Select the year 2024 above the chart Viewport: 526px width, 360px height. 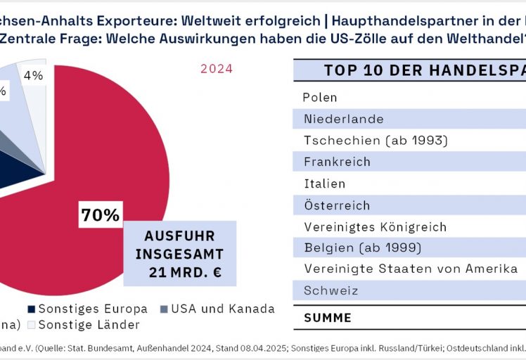[x=216, y=69]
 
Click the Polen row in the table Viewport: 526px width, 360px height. [x=320, y=98]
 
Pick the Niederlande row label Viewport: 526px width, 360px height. [x=343, y=120]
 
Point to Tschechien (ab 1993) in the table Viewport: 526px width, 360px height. [x=376, y=141]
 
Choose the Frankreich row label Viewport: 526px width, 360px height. [x=337, y=162]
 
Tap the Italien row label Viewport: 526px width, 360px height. [x=324, y=184]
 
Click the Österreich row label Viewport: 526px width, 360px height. [x=337, y=205]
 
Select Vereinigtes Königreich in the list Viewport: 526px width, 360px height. [x=385, y=227]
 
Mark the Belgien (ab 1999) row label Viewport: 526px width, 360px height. [x=362, y=247]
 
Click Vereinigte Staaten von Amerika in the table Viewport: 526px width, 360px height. [x=411, y=269]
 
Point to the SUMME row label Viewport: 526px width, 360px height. [x=328, y=318]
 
